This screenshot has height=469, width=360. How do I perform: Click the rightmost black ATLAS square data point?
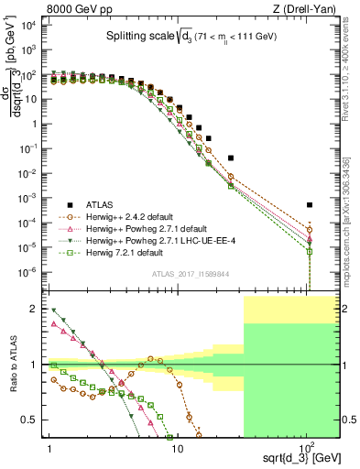(x=310, y=205)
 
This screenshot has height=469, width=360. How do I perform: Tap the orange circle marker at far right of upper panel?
(x=310, y=230)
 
